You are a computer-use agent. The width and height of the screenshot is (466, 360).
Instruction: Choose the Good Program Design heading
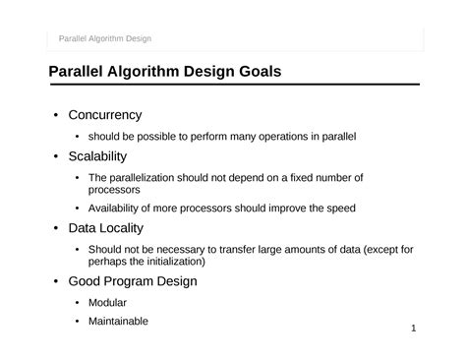coord(133,281)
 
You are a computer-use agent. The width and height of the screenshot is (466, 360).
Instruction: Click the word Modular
coord(107,303)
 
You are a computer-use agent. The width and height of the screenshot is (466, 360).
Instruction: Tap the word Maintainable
coord(118,321)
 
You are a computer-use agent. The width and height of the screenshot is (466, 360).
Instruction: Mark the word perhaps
coord(107,262)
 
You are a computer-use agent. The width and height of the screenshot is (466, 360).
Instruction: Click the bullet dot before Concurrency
coord(56,115)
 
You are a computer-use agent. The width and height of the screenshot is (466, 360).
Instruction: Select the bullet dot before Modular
coord(77,303)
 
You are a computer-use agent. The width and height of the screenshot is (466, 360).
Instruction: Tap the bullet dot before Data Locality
coord(56,229)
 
